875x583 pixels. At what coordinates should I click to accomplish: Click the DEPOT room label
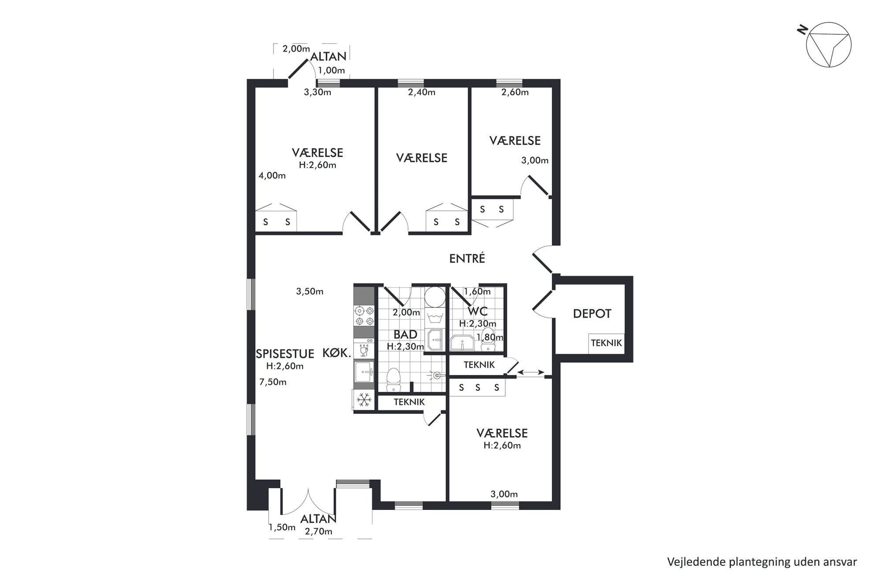coord(592,314)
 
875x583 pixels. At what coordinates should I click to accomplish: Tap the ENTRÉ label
coord(467,258)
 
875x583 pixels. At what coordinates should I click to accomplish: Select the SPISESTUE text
coord(285,353)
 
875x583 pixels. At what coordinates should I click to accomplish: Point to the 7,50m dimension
coord(273,382)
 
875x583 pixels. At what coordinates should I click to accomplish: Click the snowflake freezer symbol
coord(363,400)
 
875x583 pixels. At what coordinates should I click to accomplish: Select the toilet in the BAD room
coord(393,380)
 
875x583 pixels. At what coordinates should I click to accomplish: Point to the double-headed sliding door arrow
coord(531,373)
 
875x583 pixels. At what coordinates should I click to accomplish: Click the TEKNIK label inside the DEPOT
coord(606,343)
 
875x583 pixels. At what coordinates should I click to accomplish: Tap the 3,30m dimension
coord(318,92)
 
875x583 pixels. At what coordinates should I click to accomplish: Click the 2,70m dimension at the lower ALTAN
coord(318,531)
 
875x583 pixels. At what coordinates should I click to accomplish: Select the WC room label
coord(478,312)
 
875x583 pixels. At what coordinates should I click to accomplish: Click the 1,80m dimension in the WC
coord(490,338)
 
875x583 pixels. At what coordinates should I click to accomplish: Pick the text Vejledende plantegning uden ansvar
coord(762,562)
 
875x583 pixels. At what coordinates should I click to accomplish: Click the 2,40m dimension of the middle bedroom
coord(422,92)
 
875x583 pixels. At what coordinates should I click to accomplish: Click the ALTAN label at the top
coord(329,56)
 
